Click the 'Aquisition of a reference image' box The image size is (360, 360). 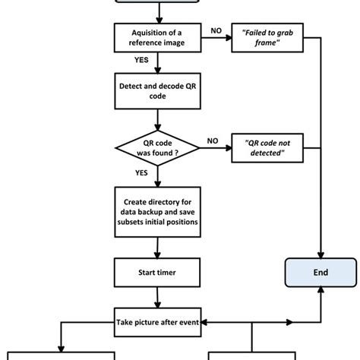tap(156, 38)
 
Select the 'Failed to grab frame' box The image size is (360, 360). tap(267, 38)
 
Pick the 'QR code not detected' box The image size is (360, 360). tap(267, 147)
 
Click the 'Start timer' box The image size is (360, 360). tap(156, 270)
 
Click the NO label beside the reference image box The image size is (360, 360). tap(216, 31)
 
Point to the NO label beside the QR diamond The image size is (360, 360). tap(213, 140)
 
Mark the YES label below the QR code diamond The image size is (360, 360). tap(141, 172)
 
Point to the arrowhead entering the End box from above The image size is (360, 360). tap(321, 253)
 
